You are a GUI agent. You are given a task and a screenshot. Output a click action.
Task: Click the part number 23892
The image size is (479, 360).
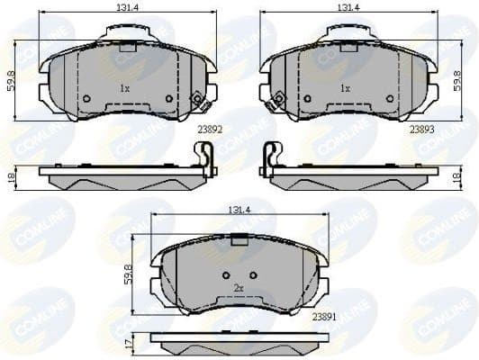tap(209, 129)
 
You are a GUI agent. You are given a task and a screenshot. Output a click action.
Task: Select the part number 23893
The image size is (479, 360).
tap(422, 129)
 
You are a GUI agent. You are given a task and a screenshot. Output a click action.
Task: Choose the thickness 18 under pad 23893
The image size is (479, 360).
tap(468, 178)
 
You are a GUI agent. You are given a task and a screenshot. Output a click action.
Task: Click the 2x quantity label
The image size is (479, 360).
tap(239, 288)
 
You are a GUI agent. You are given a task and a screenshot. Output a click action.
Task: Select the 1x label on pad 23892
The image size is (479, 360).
tap(124, 89)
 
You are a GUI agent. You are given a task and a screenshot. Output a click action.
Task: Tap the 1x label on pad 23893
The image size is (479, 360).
tap(345, 89)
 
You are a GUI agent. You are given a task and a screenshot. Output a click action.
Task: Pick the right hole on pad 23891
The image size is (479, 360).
tap(253, 274)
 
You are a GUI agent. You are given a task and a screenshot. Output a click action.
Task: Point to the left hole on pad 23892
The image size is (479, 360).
tap(86, 98)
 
